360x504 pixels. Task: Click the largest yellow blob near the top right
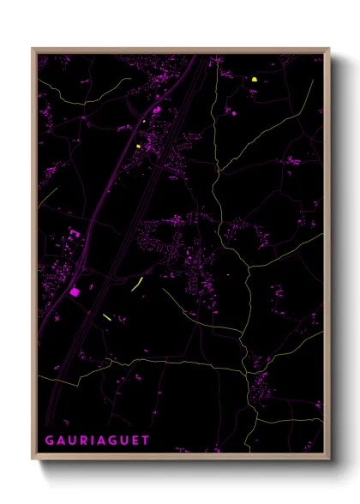255,80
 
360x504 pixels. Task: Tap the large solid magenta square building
74,291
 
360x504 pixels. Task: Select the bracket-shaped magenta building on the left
74,233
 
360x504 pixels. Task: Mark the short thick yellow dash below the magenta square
106,317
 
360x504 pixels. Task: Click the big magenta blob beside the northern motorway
156,110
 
